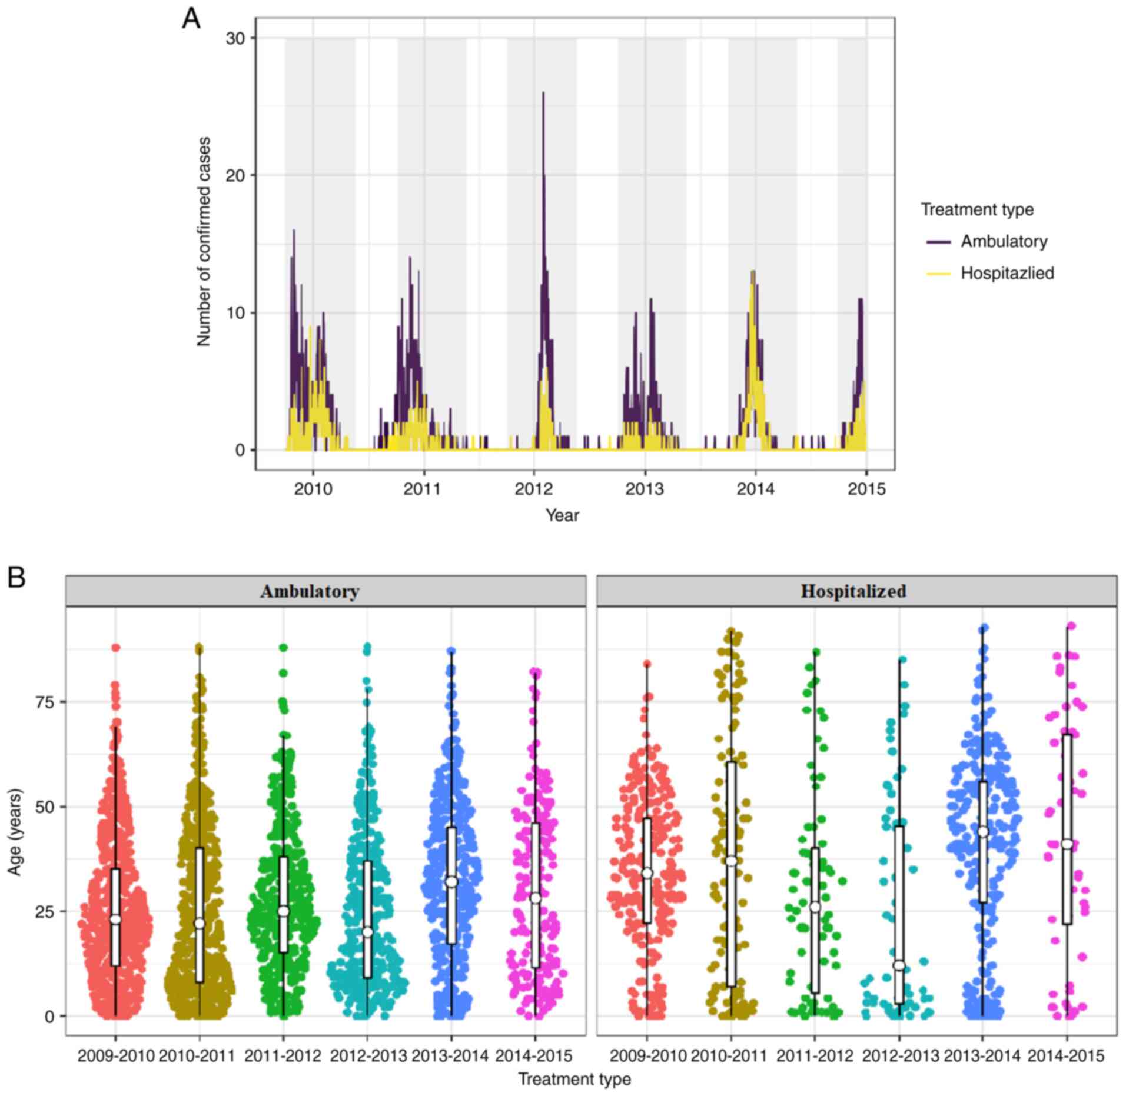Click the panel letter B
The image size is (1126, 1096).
click(x=16, y=578)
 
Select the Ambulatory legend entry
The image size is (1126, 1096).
click(x=1004, y=241)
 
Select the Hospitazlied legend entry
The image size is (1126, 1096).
click(x=1007, y=273)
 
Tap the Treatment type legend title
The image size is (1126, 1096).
click(x=977, y=209)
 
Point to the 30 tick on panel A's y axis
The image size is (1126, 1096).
click(x=235, y=38)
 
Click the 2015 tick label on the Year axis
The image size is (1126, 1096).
click(x=866, y=489)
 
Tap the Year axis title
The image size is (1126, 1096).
click(x=562, y=515)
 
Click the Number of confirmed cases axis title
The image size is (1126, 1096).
click(x=204, y=241)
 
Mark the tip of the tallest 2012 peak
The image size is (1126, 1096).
click(x=543, y=92)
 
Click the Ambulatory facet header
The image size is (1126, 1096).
click(x=310, y=591)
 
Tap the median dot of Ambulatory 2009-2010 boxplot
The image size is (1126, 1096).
click(x=115, y=920)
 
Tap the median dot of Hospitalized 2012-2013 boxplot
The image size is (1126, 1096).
click(x=899, y=965)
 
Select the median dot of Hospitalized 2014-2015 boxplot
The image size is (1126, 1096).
click(x=1067, y=844)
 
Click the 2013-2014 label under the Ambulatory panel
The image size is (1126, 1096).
click(x=450, y=1056)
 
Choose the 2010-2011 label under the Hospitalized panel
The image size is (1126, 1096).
click(x=729, y=1056)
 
